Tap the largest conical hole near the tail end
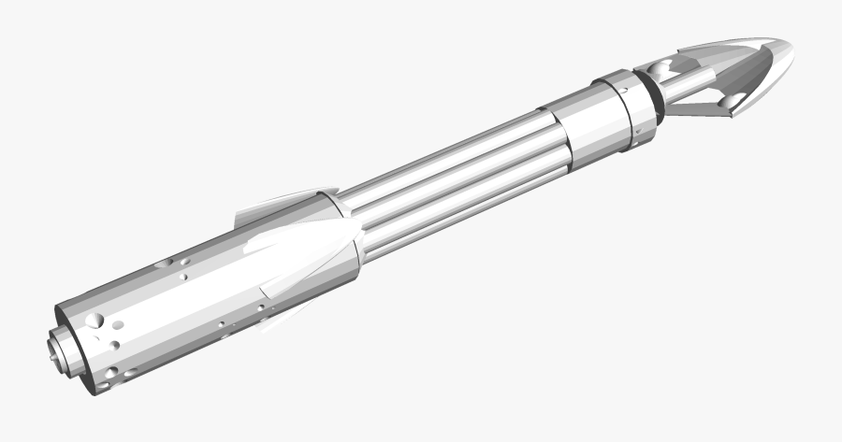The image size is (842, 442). click(95, 321)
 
